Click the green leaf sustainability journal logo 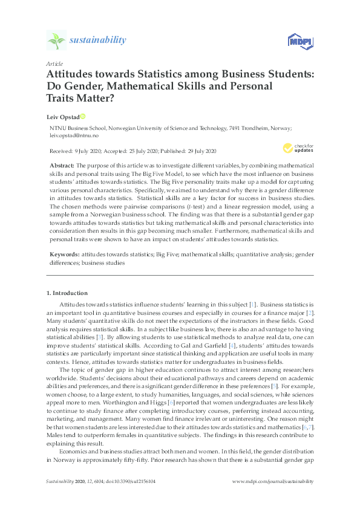56,41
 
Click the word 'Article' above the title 54,63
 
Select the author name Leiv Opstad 62,116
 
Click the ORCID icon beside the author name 83,116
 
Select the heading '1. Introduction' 67,293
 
